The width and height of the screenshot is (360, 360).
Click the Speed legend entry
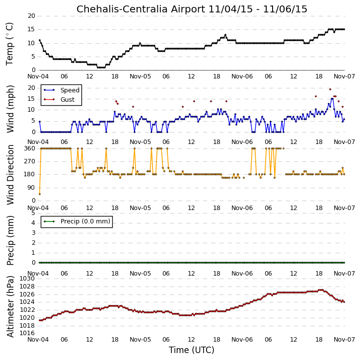(62, 90)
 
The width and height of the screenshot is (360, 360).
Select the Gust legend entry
(59, 99)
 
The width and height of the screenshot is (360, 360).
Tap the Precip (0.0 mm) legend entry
(77, 221)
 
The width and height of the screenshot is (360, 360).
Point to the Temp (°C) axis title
(9, 44)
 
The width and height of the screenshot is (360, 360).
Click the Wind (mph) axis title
(10, 109)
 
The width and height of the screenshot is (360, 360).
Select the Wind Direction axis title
(10, 175)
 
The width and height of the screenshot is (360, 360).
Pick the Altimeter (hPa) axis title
(10, 306)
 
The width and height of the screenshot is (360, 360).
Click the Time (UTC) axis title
(192, 350)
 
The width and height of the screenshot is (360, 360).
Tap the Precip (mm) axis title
(10, 240)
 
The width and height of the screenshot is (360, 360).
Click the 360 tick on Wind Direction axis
(30, 148)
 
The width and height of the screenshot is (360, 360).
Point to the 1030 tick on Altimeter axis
(27, 279)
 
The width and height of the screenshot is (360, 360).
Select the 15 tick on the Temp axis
(31, 29)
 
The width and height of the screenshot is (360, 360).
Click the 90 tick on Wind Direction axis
(31, 188)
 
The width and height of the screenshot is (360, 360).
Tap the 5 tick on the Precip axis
(33, 213)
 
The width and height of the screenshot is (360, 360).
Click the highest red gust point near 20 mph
(330, 89)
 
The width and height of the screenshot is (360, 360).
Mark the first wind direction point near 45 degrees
(40, 194)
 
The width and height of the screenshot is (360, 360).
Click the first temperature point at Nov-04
(40, 40)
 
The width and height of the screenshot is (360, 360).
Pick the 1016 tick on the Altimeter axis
(27, 333)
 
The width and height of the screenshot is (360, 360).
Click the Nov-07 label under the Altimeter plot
(344, 339)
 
